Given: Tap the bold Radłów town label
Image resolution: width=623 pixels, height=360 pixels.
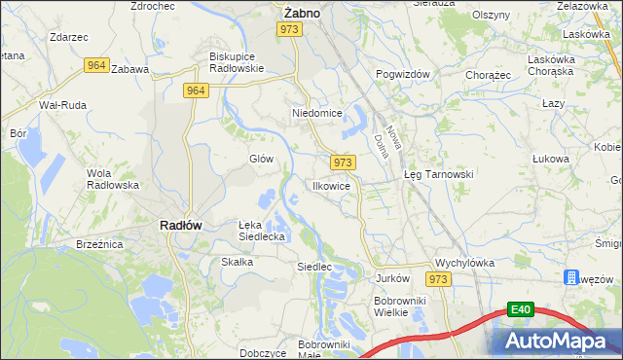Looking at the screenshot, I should click(180, 225).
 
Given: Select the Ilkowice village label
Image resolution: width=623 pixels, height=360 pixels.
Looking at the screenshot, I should click(331, 185).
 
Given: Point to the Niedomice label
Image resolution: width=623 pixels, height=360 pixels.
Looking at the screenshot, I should click(317, 113).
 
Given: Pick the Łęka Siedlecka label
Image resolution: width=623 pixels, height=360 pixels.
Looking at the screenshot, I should click(262, 231).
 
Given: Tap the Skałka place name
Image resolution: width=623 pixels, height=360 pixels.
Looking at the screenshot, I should click(238, 262).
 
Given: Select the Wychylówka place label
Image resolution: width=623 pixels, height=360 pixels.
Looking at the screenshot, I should click(465, 263).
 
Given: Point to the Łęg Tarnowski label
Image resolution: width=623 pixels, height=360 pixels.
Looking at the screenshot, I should click(438, 174).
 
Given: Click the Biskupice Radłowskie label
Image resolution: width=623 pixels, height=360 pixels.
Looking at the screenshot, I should click(238, 62).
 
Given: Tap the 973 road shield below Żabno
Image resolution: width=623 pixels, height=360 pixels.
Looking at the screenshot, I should click(288, 30).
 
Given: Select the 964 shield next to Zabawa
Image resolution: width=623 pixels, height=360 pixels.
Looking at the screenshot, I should click(95, 65).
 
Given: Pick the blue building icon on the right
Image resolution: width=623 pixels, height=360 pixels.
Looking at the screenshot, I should click(571, 278).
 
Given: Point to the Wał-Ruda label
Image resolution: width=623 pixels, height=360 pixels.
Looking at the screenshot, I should click(60, 104).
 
